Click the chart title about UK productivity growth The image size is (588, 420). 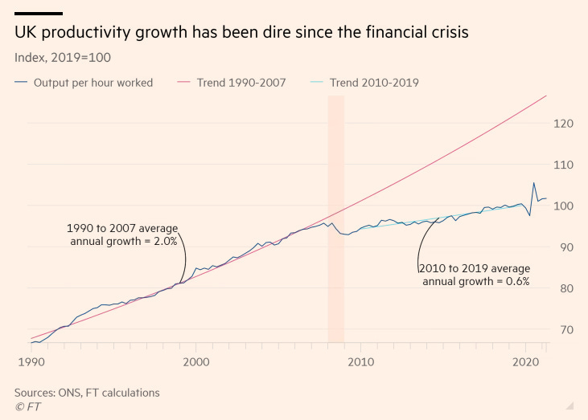(240, 34)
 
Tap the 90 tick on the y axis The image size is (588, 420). (565, 247)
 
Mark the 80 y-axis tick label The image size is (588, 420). (565, 288)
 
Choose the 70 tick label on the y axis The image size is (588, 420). (565, 329)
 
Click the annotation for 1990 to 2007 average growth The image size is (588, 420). (121, 234)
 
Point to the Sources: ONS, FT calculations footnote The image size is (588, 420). (87, 393)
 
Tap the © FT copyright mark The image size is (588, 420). (27, 406)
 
